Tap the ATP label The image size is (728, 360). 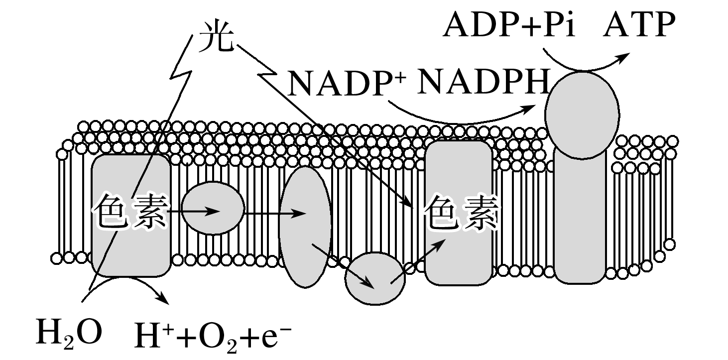coord(639,25)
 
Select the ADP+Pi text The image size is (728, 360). coord(509,25)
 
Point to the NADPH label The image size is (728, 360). coord(483,82)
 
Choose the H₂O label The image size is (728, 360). coord(69,333)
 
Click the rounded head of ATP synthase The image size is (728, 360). coord(582,115)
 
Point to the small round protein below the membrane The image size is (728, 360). coord(375,279)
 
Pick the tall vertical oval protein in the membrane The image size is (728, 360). coord(305,227)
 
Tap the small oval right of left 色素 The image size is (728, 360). coord(213,208)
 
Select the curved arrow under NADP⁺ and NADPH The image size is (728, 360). coord(458,118)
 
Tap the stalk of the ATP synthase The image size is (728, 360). coord(580,219)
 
